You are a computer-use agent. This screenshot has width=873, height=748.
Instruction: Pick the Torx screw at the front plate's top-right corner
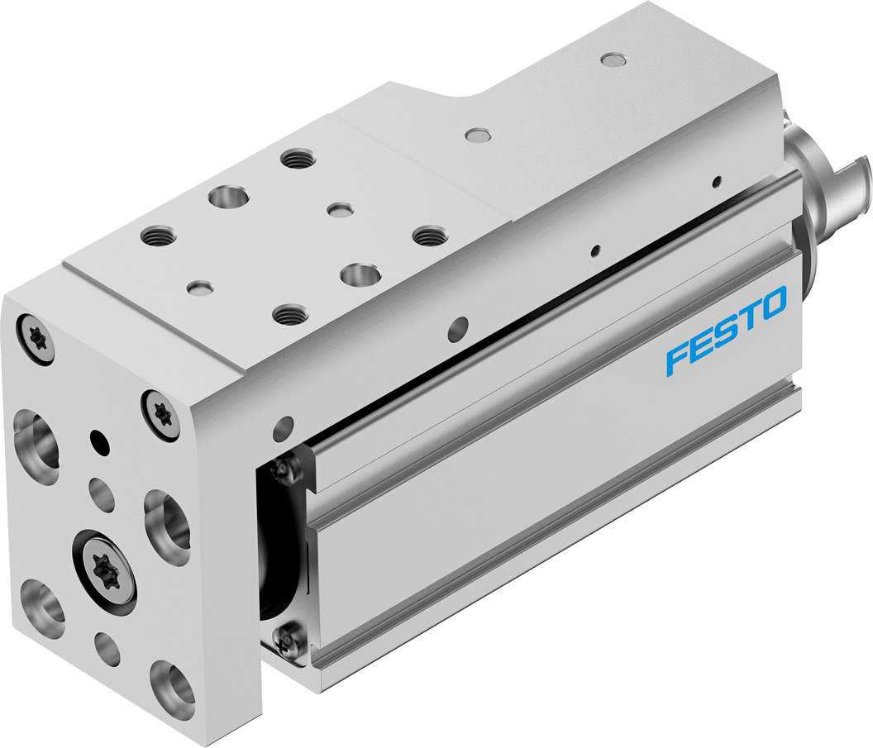[x=162, y=412]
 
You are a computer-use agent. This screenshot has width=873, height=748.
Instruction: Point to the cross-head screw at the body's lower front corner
[x=286, y=639]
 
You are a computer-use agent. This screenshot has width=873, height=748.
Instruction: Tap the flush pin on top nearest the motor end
[x=612, y=60]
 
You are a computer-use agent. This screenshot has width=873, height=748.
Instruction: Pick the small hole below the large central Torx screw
[x=107, y=647]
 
